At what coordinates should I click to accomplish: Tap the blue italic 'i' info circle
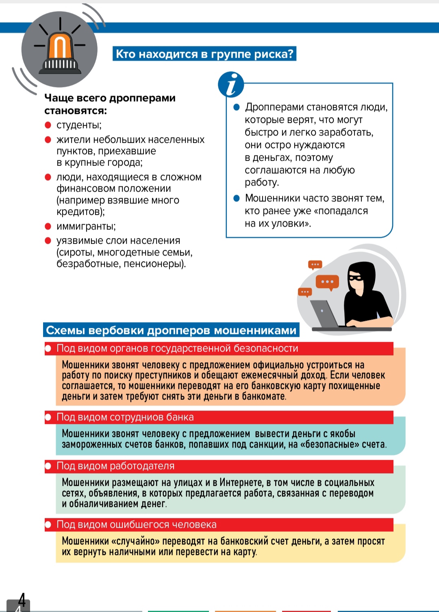point(231,85)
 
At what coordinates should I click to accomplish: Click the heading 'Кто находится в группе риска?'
point(204,54)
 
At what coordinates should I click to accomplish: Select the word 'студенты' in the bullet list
point(78,125)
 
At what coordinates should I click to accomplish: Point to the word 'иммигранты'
point(86,226)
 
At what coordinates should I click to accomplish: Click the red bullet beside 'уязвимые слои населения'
point(48,240)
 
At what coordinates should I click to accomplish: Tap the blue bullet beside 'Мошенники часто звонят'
point(237,199)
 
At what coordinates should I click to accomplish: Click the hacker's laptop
point(324,314)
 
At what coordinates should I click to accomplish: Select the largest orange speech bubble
point(327,282)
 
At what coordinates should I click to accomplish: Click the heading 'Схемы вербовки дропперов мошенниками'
point(171,330)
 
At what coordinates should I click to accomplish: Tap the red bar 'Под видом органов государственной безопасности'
point(219,349)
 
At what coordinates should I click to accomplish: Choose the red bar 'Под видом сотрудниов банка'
point(219,417)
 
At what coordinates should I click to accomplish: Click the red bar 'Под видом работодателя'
point(219,466)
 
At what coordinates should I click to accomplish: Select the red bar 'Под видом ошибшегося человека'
point(219,525)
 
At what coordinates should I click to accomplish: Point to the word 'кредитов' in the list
point(80,212)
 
